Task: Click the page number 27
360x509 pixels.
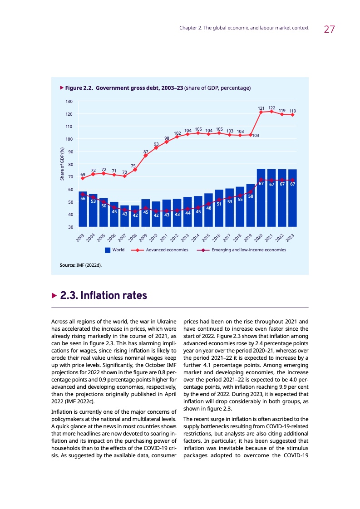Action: [329, 29]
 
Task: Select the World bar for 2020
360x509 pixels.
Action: [261, 198]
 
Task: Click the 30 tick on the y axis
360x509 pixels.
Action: [71, 227]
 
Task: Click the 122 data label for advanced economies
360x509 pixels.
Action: [271, 108]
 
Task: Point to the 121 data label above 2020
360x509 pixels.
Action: [261, 108]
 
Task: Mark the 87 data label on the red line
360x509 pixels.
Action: [146, 152]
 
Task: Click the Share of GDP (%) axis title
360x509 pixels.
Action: [62, 163]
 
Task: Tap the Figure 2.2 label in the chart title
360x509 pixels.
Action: [79, 88]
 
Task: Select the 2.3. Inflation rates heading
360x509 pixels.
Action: [104, 296]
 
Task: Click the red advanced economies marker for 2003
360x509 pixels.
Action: [83, 178]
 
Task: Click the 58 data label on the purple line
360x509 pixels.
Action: [251, 196]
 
